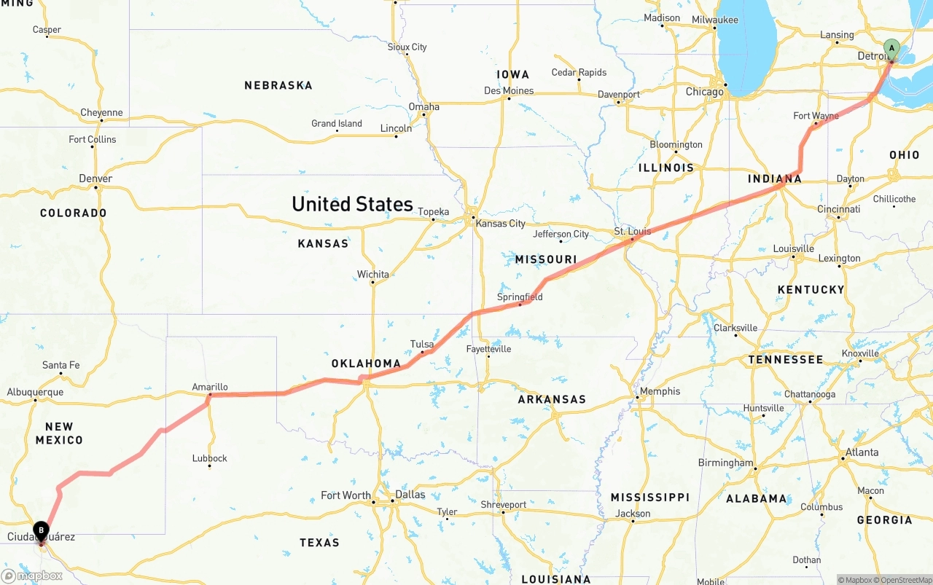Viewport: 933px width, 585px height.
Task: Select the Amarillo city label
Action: click(210, 387)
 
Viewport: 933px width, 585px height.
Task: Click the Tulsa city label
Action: click(422, 344)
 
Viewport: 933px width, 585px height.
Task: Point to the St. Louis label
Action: click(631, 232)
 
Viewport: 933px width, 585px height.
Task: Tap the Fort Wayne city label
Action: click(816, 116)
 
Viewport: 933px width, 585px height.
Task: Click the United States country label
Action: click(352, 204)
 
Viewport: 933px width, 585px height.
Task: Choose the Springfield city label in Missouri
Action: click(520, 297)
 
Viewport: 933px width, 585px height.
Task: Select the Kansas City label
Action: click(500, 224)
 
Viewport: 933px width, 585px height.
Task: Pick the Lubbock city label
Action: click(210, 458)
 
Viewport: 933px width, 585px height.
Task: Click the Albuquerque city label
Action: click(35, 392)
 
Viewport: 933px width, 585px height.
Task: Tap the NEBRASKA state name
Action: click(278, 85)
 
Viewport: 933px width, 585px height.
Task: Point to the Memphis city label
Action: click(660, 391)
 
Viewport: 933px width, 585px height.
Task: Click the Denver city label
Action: click(95, 178)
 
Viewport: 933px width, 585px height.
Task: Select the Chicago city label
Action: click(705, 92)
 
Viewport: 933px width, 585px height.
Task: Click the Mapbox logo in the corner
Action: click(32, 576)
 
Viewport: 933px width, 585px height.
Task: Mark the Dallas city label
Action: click(410, 495)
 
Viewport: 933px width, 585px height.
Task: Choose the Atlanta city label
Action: click(862, 452)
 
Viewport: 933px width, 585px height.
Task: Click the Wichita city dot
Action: click(372, 283)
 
